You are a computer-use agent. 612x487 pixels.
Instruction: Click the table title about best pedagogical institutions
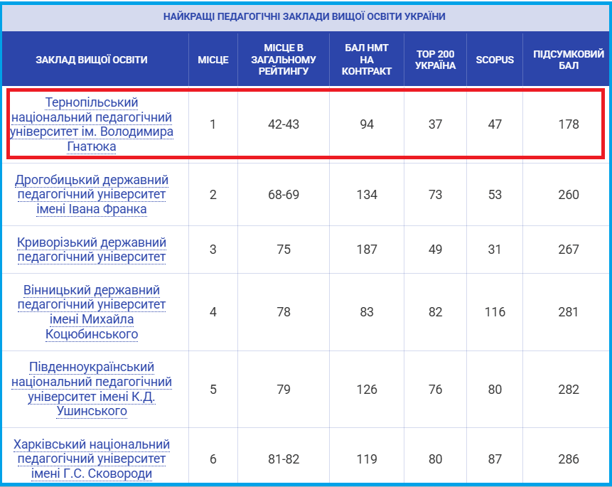[x=304, y=16]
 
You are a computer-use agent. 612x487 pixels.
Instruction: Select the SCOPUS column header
[x=495, y=60]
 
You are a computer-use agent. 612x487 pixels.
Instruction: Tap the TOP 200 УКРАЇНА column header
[x=435, y=60]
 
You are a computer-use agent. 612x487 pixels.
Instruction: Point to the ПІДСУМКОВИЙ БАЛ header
[x=569, y=60]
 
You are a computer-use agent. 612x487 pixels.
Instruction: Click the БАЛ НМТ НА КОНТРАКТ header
[x=367, y=60]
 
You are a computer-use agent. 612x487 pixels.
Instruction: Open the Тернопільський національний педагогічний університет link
[x=91, y=124]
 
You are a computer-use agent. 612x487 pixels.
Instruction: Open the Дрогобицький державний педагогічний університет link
[x=91, y=195]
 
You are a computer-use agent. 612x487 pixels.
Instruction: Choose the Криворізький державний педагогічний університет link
[x=91, y=250]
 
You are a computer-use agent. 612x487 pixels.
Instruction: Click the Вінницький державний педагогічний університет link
[x=91, y=312]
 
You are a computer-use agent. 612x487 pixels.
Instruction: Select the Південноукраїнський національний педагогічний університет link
[x=91, y=389]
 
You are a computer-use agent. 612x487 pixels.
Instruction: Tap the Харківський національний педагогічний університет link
[x=91, y=459]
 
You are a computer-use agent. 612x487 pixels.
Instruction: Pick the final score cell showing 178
[x=569, y=124]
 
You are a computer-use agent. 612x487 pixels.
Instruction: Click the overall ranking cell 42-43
[x=284, y=124]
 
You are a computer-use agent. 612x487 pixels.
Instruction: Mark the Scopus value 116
[x=495, y=312]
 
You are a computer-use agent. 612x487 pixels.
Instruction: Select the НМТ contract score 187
[x=367, y=250]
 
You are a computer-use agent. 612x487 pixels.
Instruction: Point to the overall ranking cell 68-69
[x=284, y=195]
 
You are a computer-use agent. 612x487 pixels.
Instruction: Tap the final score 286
[x=569, y=459]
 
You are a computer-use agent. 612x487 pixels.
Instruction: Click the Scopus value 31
[x=495, y=250]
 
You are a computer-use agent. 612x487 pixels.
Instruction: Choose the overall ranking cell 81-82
[x=284, y=459]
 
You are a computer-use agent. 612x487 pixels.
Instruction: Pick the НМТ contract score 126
[x=367, y=389]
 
